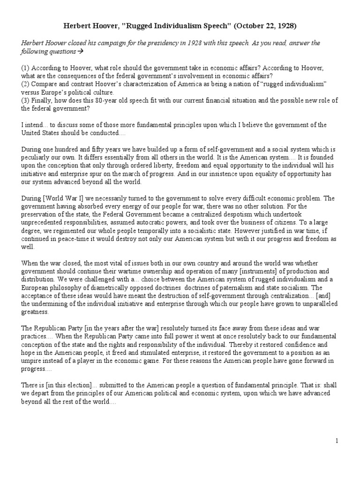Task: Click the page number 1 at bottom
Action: point(337,441)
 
